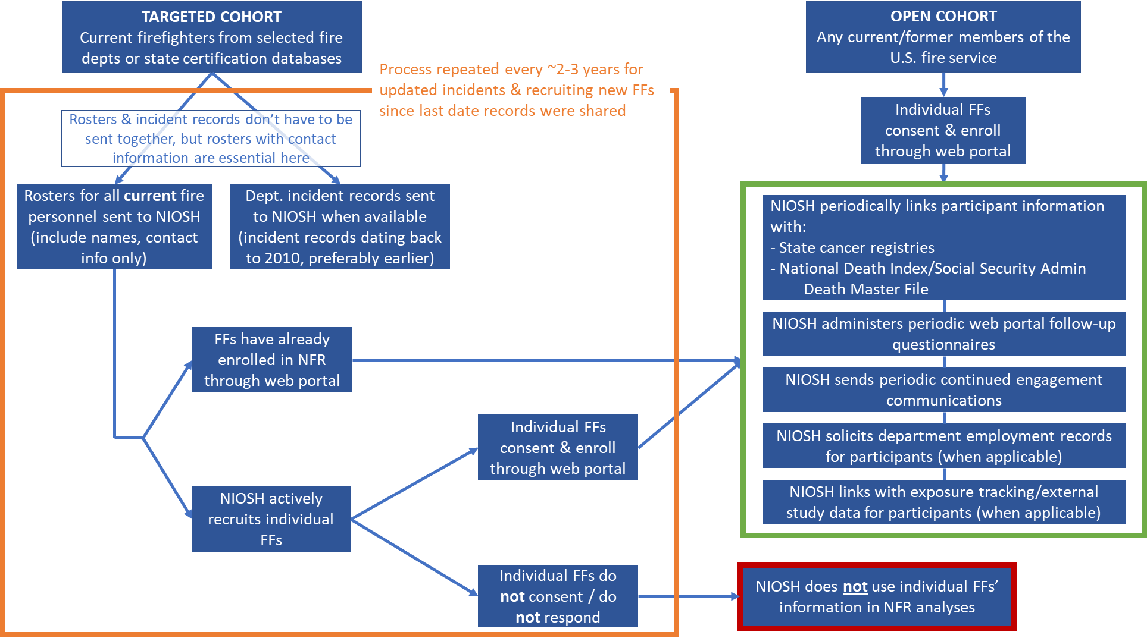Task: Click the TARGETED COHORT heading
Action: tap(211, 17)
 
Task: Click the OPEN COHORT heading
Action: tap(943, 16)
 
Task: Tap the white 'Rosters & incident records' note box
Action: tap(211, 139)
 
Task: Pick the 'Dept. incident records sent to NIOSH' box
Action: tap(340, 227)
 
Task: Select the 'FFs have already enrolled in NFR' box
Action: tap(272, 360)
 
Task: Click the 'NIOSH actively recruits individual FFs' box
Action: tap(271, 519)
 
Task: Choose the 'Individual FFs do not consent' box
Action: tap(558, 596)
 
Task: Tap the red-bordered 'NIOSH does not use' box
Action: tap(877, 596)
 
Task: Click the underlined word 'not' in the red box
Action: tap(855, 587)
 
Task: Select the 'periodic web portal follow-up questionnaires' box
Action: tap(943, 334)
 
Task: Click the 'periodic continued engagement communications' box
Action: tap(943, 389)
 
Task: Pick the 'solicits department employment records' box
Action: tap(943, 446)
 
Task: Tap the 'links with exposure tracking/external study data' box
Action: tap(943, 502)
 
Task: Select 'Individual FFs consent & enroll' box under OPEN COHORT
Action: tap(943, 130)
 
